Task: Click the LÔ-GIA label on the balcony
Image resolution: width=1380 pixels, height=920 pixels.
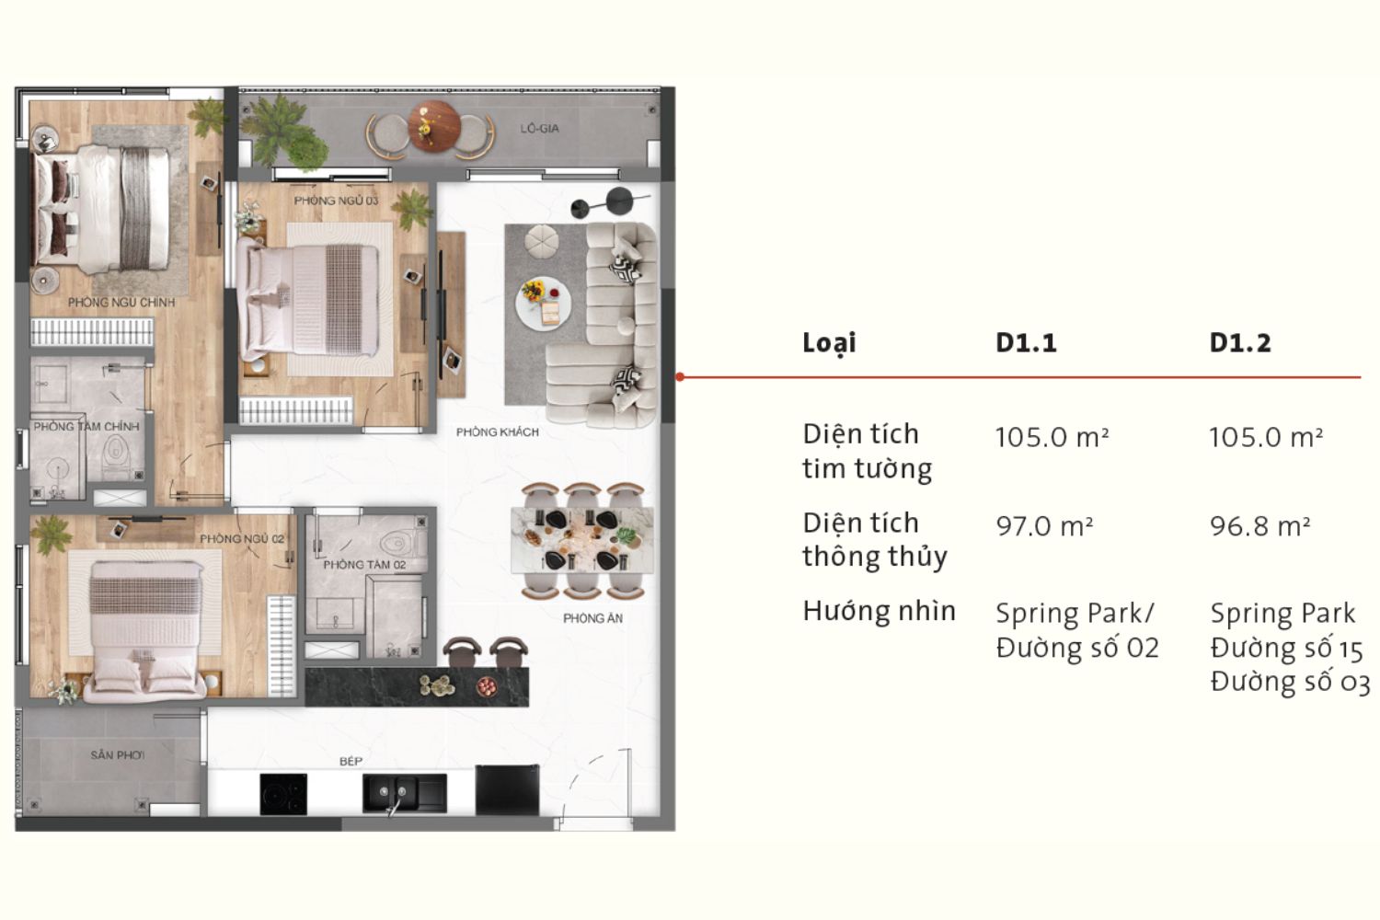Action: click(x=539, y=128)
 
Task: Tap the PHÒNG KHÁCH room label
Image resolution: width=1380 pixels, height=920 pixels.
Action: click(x=497, y=432)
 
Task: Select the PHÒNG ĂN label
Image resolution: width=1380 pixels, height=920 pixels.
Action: click(x=592, y=618)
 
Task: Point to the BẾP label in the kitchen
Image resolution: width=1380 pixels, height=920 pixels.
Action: click(x=351, y=761)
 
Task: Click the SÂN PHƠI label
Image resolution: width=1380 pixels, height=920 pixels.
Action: click(x=118, y=754)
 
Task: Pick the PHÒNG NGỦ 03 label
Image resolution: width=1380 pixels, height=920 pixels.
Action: click(x=336, y=201)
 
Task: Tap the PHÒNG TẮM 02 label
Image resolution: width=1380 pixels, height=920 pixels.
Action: click(x=364, y=565)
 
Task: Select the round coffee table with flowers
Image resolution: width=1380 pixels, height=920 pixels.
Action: click(x=543, y=304)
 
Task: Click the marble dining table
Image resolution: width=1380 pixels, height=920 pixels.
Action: click(x=582, y=540)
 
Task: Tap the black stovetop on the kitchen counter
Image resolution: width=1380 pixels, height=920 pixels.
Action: click(x=283, y=794)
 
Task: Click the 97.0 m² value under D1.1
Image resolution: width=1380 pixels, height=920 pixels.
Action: click(x=1044, y=526)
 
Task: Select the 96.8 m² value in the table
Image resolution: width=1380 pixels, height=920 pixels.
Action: click(x=1259, y=526)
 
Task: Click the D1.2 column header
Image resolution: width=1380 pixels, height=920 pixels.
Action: click(x=1240, y=342)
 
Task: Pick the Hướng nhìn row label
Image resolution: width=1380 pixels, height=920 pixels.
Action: click(x=880, y=611)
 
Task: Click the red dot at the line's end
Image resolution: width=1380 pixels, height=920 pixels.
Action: click(x=680, y=376)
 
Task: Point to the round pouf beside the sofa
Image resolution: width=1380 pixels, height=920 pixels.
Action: click(x=542, y=240)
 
